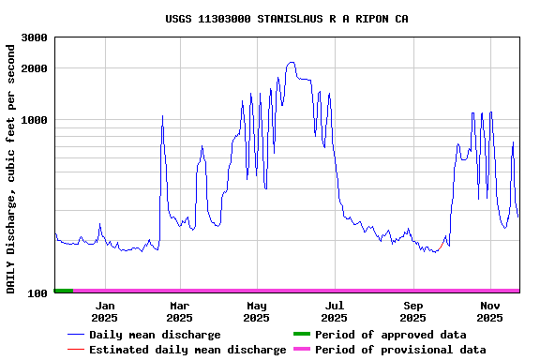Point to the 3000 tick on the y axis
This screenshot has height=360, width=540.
(x=35, y=37)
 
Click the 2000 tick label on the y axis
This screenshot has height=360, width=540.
(x=35, y=68)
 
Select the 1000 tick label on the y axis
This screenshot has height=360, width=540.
(x=35, y=120)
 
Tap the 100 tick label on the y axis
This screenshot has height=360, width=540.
(x=38, y=293)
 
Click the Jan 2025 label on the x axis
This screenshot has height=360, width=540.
(x=105, y=311)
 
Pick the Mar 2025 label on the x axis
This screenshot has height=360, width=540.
(x=179, y=311)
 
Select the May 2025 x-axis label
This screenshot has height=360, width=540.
(x=256, y=311)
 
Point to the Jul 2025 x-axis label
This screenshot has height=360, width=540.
(x=334, y=311)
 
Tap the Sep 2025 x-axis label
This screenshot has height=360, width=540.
(x=412, y=311)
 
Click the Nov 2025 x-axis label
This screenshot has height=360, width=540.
(x=489, y=311)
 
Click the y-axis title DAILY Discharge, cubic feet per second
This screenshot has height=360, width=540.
(x=11, y=165)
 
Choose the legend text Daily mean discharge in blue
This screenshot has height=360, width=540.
(x=155, y=335)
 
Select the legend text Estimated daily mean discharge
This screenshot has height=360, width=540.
(x=187, y=350)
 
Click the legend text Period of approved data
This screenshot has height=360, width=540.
(x=390, y=335)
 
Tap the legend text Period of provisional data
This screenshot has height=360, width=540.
(x=400, y=350)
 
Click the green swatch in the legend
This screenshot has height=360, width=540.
(x=301, y=334)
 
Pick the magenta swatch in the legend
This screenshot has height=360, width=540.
(x=301, y=349)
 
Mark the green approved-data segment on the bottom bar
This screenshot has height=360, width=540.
(x=63, y=291)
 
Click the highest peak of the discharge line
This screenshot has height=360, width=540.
(x=292, y=63)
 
